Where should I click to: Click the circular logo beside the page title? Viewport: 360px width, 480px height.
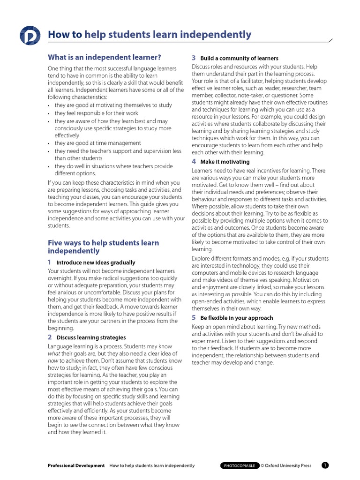pyautogui.click(x=30, y=36)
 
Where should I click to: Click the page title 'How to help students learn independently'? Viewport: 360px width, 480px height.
pyautogui.click(x=150, y=35)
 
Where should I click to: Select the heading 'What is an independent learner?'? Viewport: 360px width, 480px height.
pyautogui.click(x=105, y=57)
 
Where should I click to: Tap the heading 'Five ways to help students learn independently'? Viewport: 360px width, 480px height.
pyautogui.click(x=103, y=247)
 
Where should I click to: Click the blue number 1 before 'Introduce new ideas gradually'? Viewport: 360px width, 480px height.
pyautogui.click(x=50, y=262)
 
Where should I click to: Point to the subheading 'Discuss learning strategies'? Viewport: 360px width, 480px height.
pyautogui.click(x=91, y=337)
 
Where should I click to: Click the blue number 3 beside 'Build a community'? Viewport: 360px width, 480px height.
pyautogui.click(x=194, y=58)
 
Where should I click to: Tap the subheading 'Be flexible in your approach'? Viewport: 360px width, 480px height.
pyautogui.click(x=236, y=318)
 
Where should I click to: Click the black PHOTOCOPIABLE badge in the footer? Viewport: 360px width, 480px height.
pyautogui.click(x=240, y=465)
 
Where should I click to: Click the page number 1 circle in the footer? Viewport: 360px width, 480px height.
pyautogui.click(x=325, y=465)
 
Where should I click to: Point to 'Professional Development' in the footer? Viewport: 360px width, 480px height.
pyautogui.click(x=76, y=465)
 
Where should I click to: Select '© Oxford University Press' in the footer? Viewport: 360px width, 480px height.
pyautogui.click(x=286, y=465)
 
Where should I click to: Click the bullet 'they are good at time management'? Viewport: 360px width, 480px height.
pyautogui.click(x=97, y=143)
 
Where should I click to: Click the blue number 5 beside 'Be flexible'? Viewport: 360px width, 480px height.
pyautogui.click(x=194, y=317)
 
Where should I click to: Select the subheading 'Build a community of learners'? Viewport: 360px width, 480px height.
pyautogui.click(x=239, y=59)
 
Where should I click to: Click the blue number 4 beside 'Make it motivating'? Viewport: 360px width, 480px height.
pyautogui.click(x=194, y=161)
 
